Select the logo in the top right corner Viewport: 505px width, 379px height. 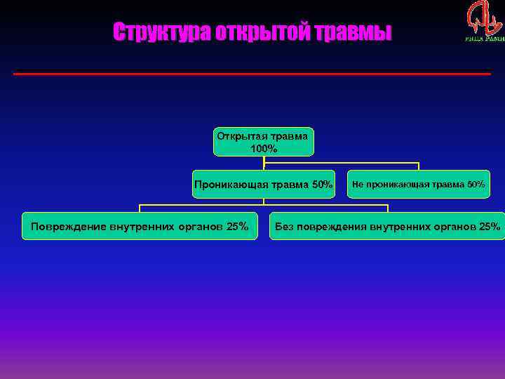(484, 21)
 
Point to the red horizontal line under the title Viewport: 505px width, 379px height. (252, 74)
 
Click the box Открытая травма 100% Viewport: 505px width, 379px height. (264, 142)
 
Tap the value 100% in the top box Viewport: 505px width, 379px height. (264, 149)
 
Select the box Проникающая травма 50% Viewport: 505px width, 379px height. (264, 185)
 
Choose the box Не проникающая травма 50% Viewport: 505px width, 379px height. (419, 185)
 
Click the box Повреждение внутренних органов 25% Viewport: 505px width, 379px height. (140, 226)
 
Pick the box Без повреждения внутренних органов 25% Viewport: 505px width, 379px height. (387, 226)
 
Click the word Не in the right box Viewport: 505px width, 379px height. (358, 185)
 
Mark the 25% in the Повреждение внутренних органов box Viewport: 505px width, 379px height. (236, 226)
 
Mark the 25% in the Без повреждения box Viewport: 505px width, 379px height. (488, 226)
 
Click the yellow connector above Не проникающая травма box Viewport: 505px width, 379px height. (419, 166)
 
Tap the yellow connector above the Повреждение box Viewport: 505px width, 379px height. (140, 208)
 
